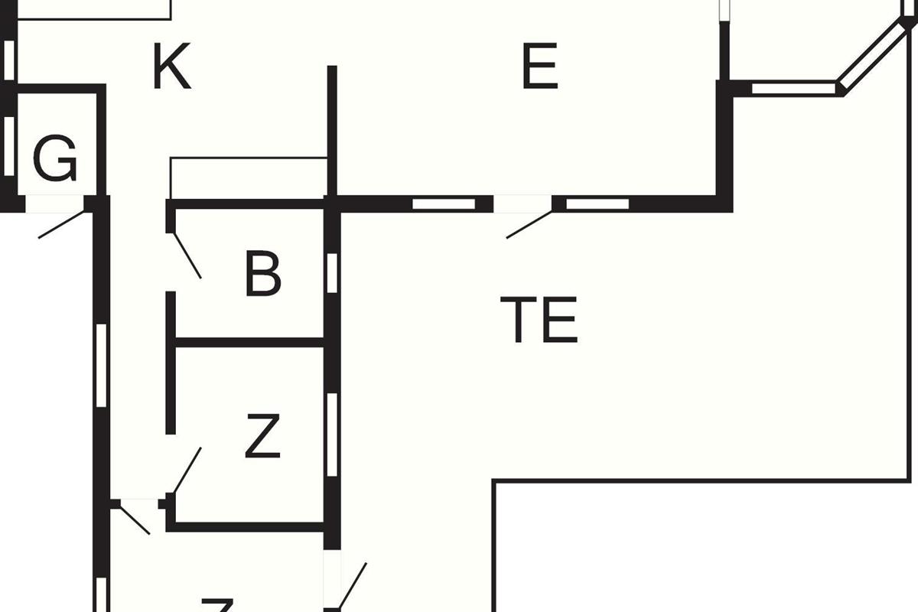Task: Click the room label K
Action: click(x=171, y=67)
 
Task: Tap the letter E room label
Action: click(x=540, y=67)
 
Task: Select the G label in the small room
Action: click(x=56, y=159)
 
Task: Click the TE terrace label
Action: click(x=539, y=320)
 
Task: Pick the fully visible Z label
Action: click(x=262, y=436)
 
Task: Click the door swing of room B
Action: click(x=187, y=256)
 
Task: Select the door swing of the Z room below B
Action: click(x=187, y=470)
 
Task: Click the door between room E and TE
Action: click(x=528, y=224)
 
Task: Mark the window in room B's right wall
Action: click(x=332, y=273)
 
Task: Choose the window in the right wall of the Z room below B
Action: click(x=332, y=435)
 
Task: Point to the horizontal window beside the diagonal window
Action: click(x=793, y=89)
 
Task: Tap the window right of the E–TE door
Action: click(x=597, y=204)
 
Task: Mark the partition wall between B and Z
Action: click(x=249, y=342)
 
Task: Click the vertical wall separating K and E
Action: click(x=332, y=130)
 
